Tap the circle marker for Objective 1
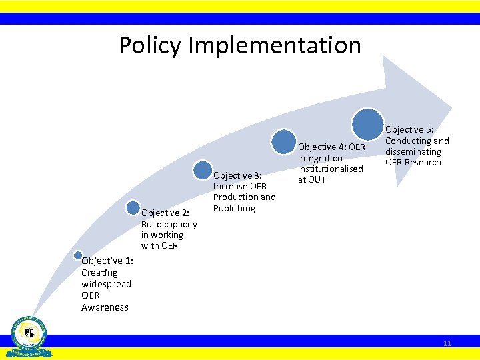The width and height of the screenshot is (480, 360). (x=78, y=255)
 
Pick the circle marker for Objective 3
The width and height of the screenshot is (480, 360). (x=203, y=169)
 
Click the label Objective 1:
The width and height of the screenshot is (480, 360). (x=107, y=261)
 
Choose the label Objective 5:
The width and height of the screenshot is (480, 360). (x=409, y=129)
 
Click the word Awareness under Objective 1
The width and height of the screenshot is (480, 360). (x=105, y=307)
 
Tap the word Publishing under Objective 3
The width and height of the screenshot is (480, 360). (x=234, y=208)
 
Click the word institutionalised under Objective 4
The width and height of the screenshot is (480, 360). (x=330, y=169)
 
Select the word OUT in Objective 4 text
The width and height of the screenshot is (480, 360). (x=316, y=179)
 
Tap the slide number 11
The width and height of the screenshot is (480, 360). (x=447, y=343)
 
